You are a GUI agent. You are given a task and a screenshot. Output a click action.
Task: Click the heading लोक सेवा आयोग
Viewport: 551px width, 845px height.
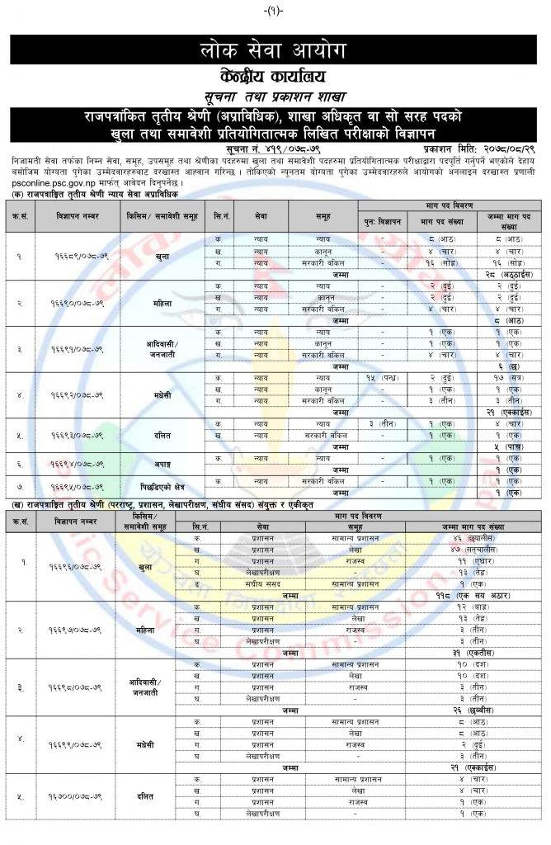coord(275,49)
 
